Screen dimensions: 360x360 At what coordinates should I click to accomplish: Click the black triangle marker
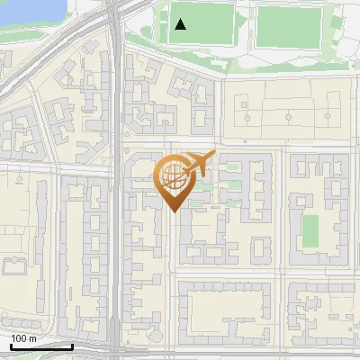[181, 24]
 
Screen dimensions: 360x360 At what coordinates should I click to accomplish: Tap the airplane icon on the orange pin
[197, 164]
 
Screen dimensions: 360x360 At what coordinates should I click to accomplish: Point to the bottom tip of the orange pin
[174, 211]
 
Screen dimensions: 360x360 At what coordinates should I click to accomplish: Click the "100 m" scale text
[23, 338]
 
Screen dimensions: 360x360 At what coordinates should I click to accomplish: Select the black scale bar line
[40, 346]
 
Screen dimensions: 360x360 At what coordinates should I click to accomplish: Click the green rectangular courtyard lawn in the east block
[310, 231]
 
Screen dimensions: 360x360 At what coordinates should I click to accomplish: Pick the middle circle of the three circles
[287, 117]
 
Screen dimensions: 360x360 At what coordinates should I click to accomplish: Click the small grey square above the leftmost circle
[244, 103]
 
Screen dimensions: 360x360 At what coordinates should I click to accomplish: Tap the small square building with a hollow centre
[261, 247]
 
